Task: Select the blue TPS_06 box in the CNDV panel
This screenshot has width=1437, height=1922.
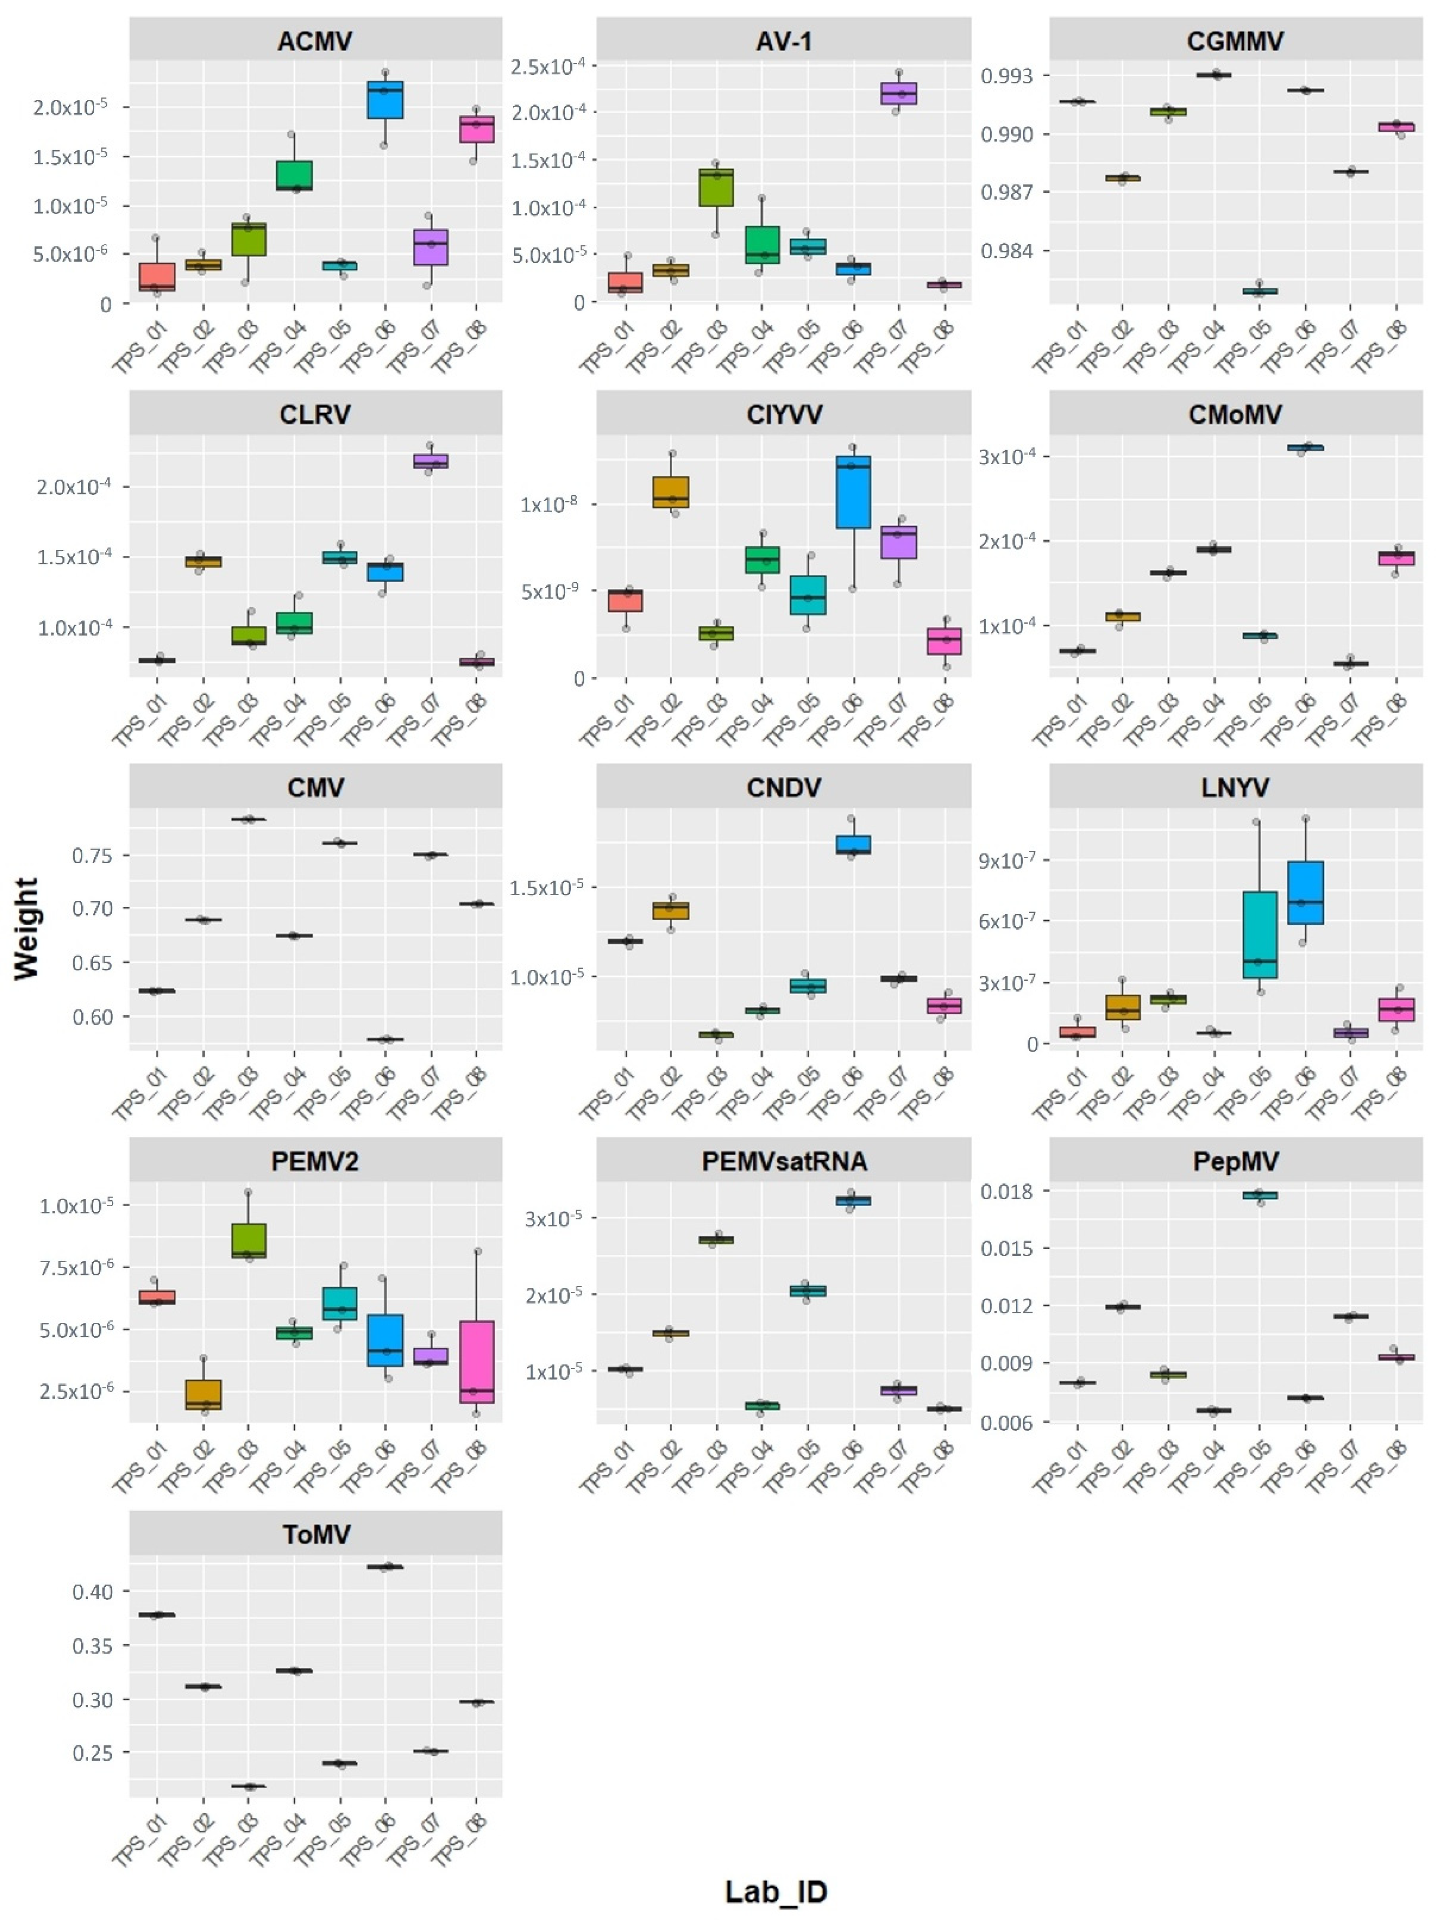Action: (853, 844)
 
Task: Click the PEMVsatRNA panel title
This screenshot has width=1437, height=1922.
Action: (784, 1162)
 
